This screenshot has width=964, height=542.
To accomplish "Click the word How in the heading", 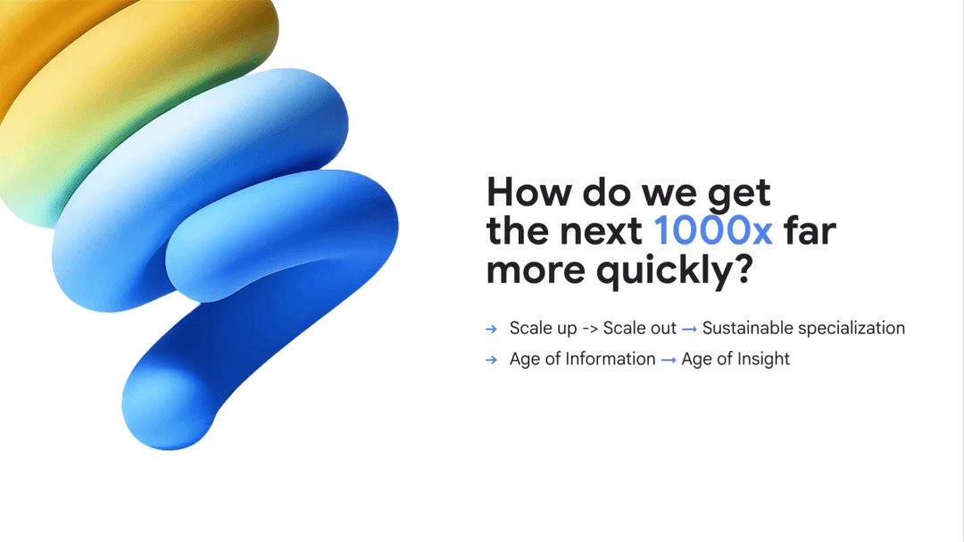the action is (x=529, y=192).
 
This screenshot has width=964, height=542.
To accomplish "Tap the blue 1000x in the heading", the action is (x=712, y=230).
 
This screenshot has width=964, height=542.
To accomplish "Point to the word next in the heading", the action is (x=601, y=232).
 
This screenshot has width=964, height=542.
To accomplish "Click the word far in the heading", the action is (x=809, y=230).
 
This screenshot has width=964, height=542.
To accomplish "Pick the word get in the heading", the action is (x=739, y=194).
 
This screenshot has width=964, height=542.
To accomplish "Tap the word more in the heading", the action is (x=536, y=271).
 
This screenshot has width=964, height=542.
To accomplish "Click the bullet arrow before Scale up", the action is (x=491, y=329).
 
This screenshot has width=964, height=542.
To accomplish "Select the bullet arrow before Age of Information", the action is (x=491, y=360).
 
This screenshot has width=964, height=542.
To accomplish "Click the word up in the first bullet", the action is (x=566, y=329).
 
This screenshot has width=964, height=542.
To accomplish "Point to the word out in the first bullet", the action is (x=662, y=329).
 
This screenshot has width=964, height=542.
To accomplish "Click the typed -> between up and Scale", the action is (x=590, y=329).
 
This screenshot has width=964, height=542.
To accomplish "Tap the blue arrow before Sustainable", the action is (x=689, y=329).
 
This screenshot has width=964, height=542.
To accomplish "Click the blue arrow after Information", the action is (x=669, y=361).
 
